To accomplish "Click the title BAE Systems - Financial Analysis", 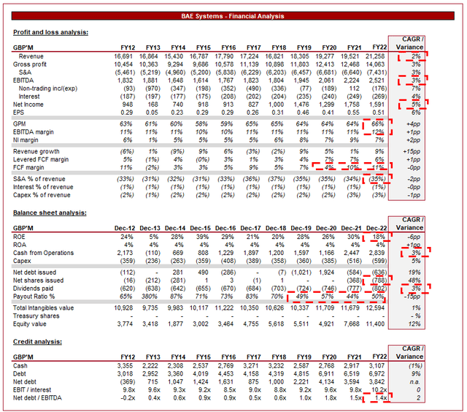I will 233,16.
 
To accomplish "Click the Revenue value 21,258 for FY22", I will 377,56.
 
